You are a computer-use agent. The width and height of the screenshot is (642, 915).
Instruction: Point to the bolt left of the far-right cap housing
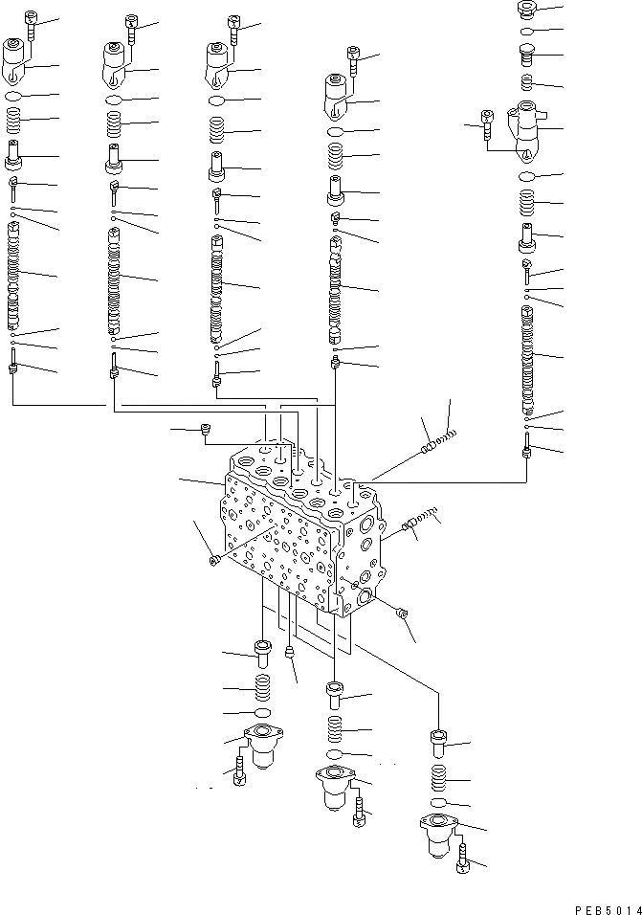point(487,123)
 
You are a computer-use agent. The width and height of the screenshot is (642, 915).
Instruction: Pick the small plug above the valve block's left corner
point(205,433)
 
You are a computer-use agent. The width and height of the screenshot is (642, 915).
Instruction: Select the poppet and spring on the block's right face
point(421,521)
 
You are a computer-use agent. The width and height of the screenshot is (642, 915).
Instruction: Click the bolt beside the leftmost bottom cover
point(238,771)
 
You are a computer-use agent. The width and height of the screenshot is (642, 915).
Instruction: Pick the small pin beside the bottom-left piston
point(289,653)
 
